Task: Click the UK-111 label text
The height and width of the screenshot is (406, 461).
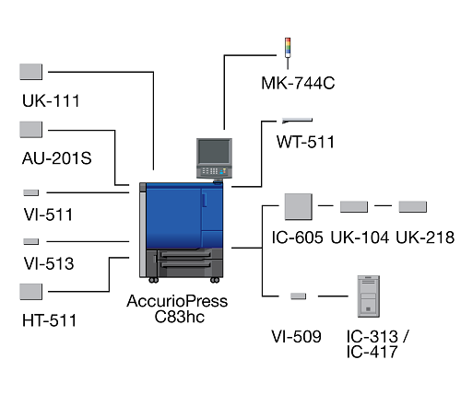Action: (51, 100)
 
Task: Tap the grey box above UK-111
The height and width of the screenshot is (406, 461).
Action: (31, 72)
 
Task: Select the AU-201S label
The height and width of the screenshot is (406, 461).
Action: (57, 158)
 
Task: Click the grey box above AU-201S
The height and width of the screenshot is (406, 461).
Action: (31, 130)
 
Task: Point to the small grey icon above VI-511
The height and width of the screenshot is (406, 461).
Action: (31, 192)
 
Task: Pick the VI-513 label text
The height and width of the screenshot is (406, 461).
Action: (49, 263)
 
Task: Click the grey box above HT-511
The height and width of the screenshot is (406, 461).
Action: (31, 292)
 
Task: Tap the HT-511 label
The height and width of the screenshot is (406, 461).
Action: (49, 320)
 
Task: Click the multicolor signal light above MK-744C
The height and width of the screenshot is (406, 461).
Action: (288, 48)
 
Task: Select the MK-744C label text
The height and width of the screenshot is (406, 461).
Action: (298, 83)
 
